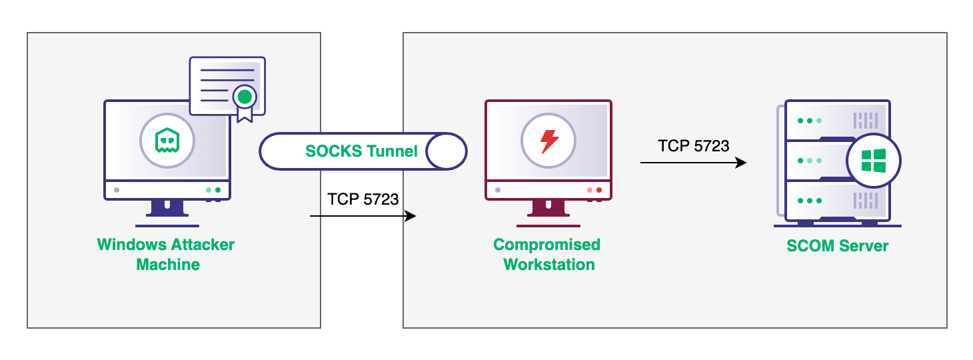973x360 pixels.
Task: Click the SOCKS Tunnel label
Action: (361, 151)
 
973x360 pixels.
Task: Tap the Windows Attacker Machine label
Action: (167, 254)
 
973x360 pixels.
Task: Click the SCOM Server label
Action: (837, 246)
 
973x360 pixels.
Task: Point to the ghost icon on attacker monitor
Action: (167, 141)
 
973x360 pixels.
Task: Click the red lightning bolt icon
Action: (548, 141)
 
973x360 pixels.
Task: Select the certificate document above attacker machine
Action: (227, 85)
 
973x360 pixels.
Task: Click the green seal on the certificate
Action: (245, 97)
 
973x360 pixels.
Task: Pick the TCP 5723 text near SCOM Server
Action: (694, 146)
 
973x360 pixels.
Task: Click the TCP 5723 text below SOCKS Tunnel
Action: (363, 199)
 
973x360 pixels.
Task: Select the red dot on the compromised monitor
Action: (598, 190)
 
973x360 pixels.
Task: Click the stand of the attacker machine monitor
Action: (167, 210)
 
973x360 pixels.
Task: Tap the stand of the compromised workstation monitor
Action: (548, 210)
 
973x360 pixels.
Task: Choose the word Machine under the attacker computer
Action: (168, 265)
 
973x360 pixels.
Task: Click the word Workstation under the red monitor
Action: (549, 265)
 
